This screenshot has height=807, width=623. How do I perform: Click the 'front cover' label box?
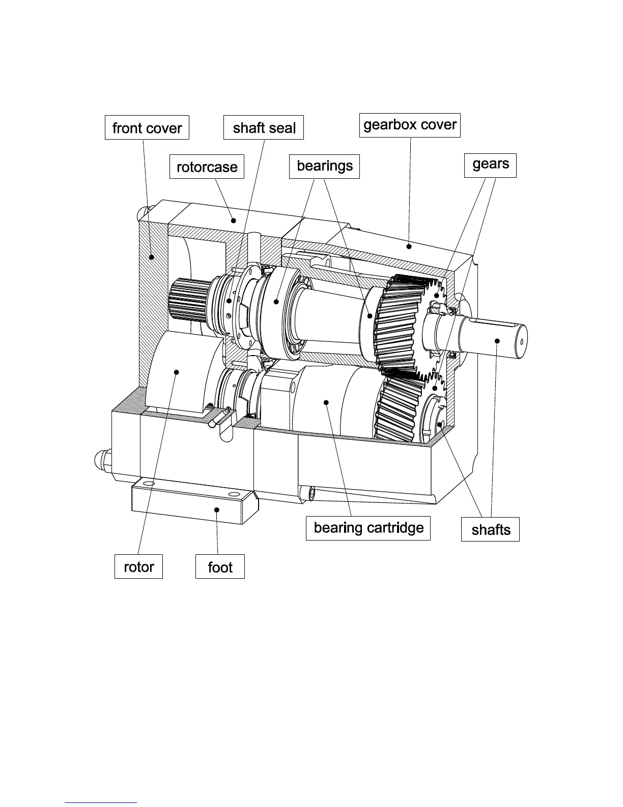(x=147, y=127)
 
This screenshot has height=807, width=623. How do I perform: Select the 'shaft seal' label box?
(x=264, y=127)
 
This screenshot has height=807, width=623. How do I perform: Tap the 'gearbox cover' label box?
(x=410, y=125)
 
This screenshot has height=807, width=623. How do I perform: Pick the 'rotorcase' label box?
(x=207, y=167)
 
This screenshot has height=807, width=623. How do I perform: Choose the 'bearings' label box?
(x=324, y=167)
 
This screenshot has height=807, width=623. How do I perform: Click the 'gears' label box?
(x=490, y=165)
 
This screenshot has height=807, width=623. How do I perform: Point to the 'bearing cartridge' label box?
(x=368, y=528)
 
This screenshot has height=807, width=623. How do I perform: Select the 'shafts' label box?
(x=490, y=529)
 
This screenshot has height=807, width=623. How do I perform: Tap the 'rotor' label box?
(x=139, y=567)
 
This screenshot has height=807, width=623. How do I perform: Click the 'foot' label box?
(x=220, y=567)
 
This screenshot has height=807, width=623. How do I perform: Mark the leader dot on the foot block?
(x=217, y=509)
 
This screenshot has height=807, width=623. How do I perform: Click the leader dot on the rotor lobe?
(x=177, y=372)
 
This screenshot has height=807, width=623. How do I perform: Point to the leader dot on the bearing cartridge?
(x=326, y=402)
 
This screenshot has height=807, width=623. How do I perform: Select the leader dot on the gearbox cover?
(x=409, y=247)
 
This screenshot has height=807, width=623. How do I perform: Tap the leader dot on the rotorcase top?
(x=234, y=220)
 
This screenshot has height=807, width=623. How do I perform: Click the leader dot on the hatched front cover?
(x=151, y=257)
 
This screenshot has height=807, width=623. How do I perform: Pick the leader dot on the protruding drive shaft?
(x=497, y=340)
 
